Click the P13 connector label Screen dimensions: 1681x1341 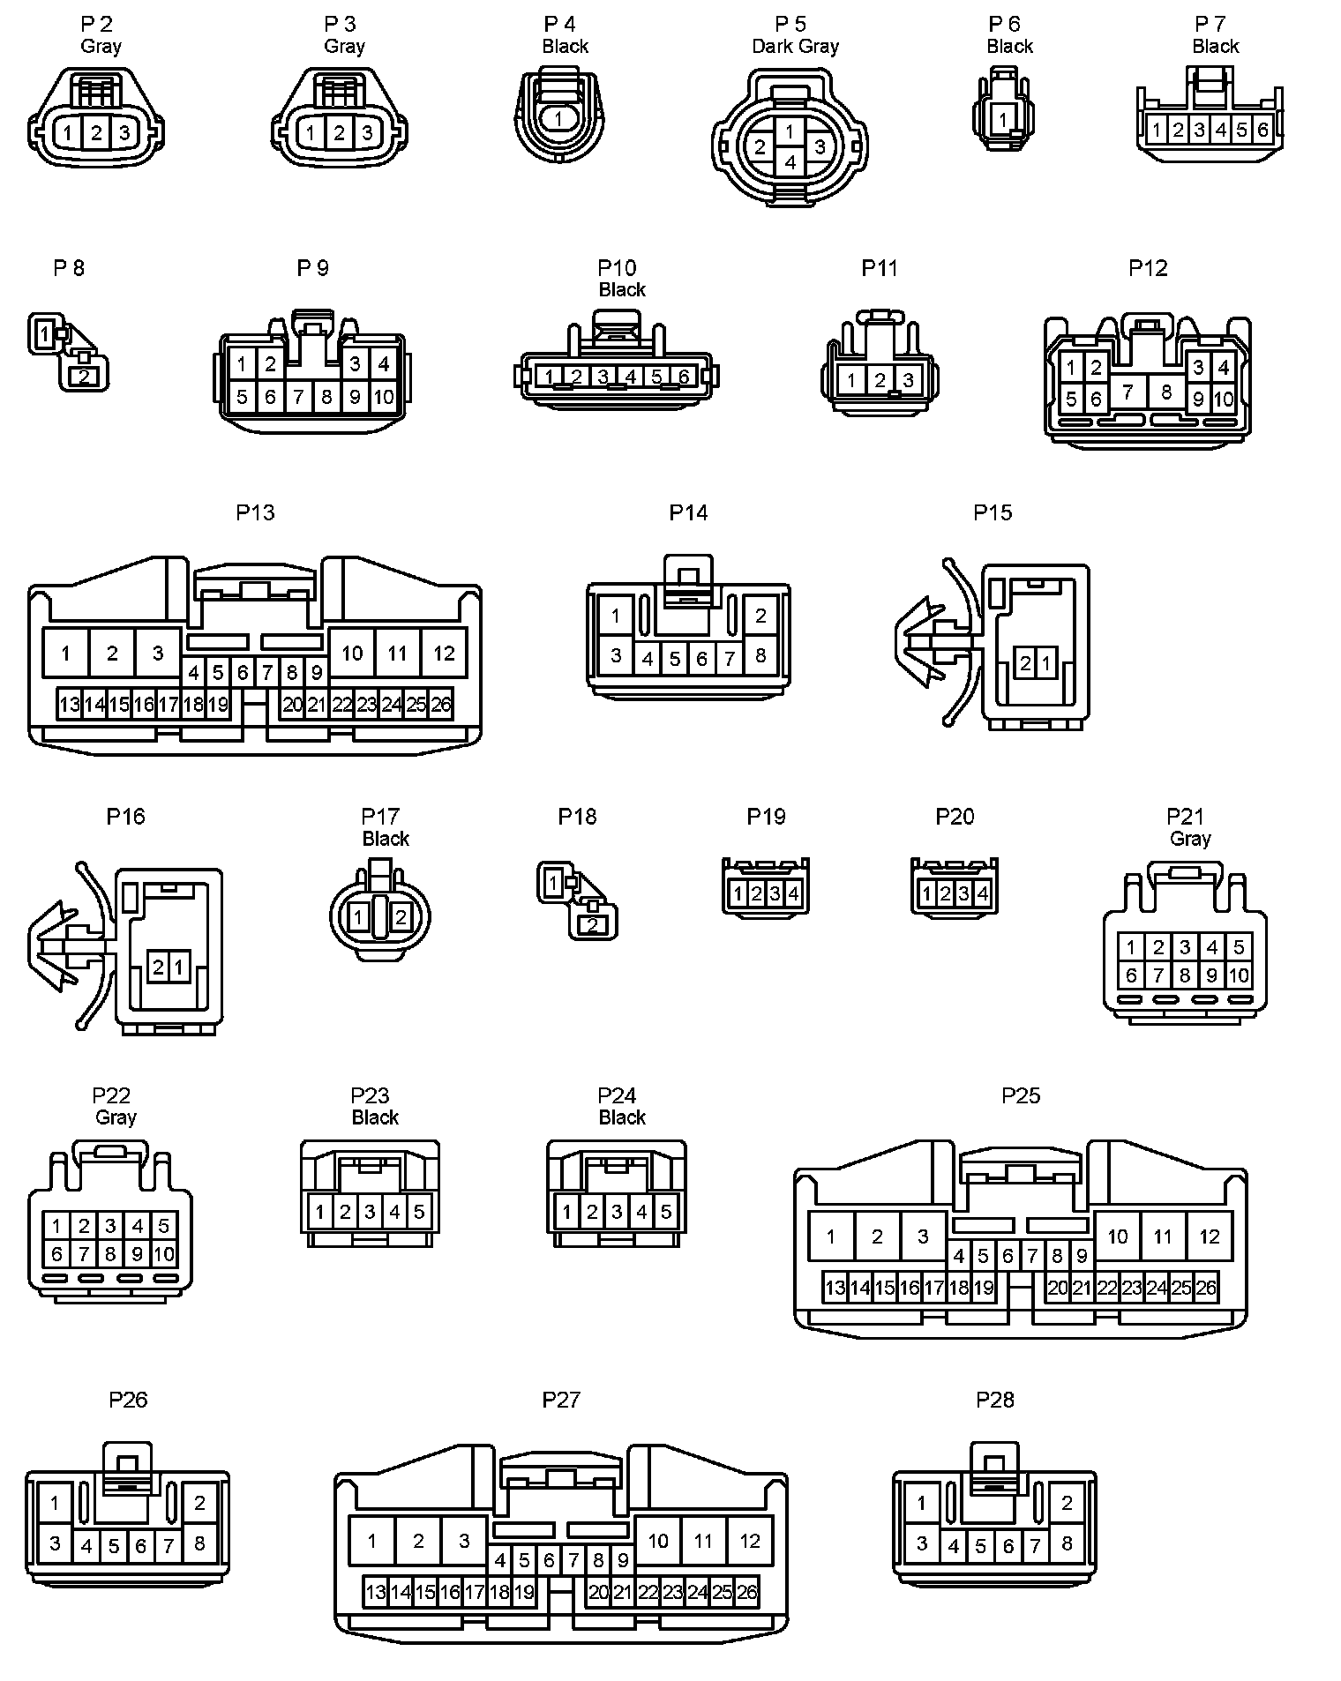pyautogui.click(x=255, y=512)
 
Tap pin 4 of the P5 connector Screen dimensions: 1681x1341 pyautogui.click(x=790, y=162)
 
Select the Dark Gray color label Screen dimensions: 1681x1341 pyautogui.click(x=795, y=46)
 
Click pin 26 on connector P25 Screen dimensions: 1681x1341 pyautogui.click(x=1205, y=1287)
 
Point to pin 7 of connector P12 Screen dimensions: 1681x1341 pyautogui.click(x=1127, y=391)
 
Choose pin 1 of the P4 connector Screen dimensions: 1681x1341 pyautogui.click(x=558, y=116)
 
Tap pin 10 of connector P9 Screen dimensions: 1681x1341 pyautogui.click(x=383, y=396)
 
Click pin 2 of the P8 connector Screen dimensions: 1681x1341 pyautogui.click(x=84, y=377)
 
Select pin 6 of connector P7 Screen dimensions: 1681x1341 pyautogui.click(x=1262, y=131)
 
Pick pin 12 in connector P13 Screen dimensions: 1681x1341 pyautogui.click(x=444, y=653)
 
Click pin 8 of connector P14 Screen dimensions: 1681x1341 pyautogui.click(x=760, y=655)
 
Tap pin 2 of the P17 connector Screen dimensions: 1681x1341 pyautogui.click(x=401, y=917)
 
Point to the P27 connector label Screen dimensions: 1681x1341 pyautogui.click(x=561, y=1399)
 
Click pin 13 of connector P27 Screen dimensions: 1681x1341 pyautogui.click(x=376, y=1592)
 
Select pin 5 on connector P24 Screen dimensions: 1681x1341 pyautogui.click(x=666, y=1212)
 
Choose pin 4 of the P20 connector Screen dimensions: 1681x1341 pyautogui.click(x=983, y=894)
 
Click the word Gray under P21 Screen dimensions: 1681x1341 pyautogui.click(x=1190, y=839)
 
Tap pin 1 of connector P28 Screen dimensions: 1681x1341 pyautogui.click(x=922, y=1502)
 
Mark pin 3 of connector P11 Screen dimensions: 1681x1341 pyautogui.click(x=908, y=380)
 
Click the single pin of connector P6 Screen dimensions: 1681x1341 pyautogui.click(x=1002, y=118)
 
